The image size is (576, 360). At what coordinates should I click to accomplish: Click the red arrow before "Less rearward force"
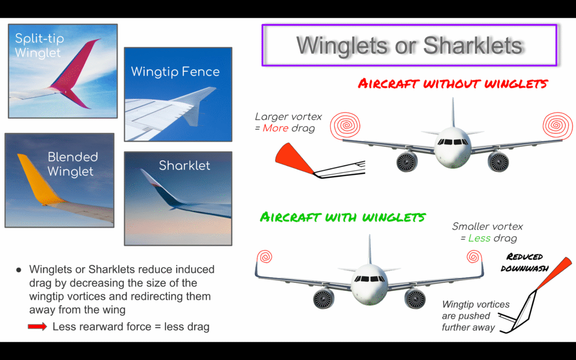click(x=38, y=326)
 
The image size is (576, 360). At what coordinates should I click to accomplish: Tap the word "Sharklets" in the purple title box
click(x=472, y=45)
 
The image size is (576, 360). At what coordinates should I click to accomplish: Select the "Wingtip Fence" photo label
click(x=175, y=71)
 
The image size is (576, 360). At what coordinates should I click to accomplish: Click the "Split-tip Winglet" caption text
click(x=39, y=45)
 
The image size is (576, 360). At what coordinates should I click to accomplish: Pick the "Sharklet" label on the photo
click(x=184, y=165)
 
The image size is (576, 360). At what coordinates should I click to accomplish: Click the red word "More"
click(x=276, y=128)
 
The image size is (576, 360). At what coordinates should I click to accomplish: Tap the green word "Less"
click(x=479, y=238)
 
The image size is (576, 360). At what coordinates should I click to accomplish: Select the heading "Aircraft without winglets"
click(x=453, y=84)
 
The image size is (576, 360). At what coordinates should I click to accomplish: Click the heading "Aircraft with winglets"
click(x=343, y=217)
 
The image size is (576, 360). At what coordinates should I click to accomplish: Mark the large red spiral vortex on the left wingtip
click(x=345, y=125)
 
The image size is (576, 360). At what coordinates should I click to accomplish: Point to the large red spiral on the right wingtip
click(x=557, y=125)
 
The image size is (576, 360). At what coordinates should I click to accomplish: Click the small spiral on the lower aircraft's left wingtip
click(x=264, y=256)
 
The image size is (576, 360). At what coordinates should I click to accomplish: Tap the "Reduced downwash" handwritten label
click(x=524, y=262)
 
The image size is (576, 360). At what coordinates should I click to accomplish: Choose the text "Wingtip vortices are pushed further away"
click(x=475, y=316)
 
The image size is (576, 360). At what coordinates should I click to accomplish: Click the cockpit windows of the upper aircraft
click(x=453, y=142)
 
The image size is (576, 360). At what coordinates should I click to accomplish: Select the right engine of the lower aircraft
click(x=415, y=298)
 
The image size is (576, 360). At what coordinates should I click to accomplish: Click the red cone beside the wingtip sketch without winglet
click(x=294, y=158)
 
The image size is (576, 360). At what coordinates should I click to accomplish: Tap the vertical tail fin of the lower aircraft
click(x=370, y=249)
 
